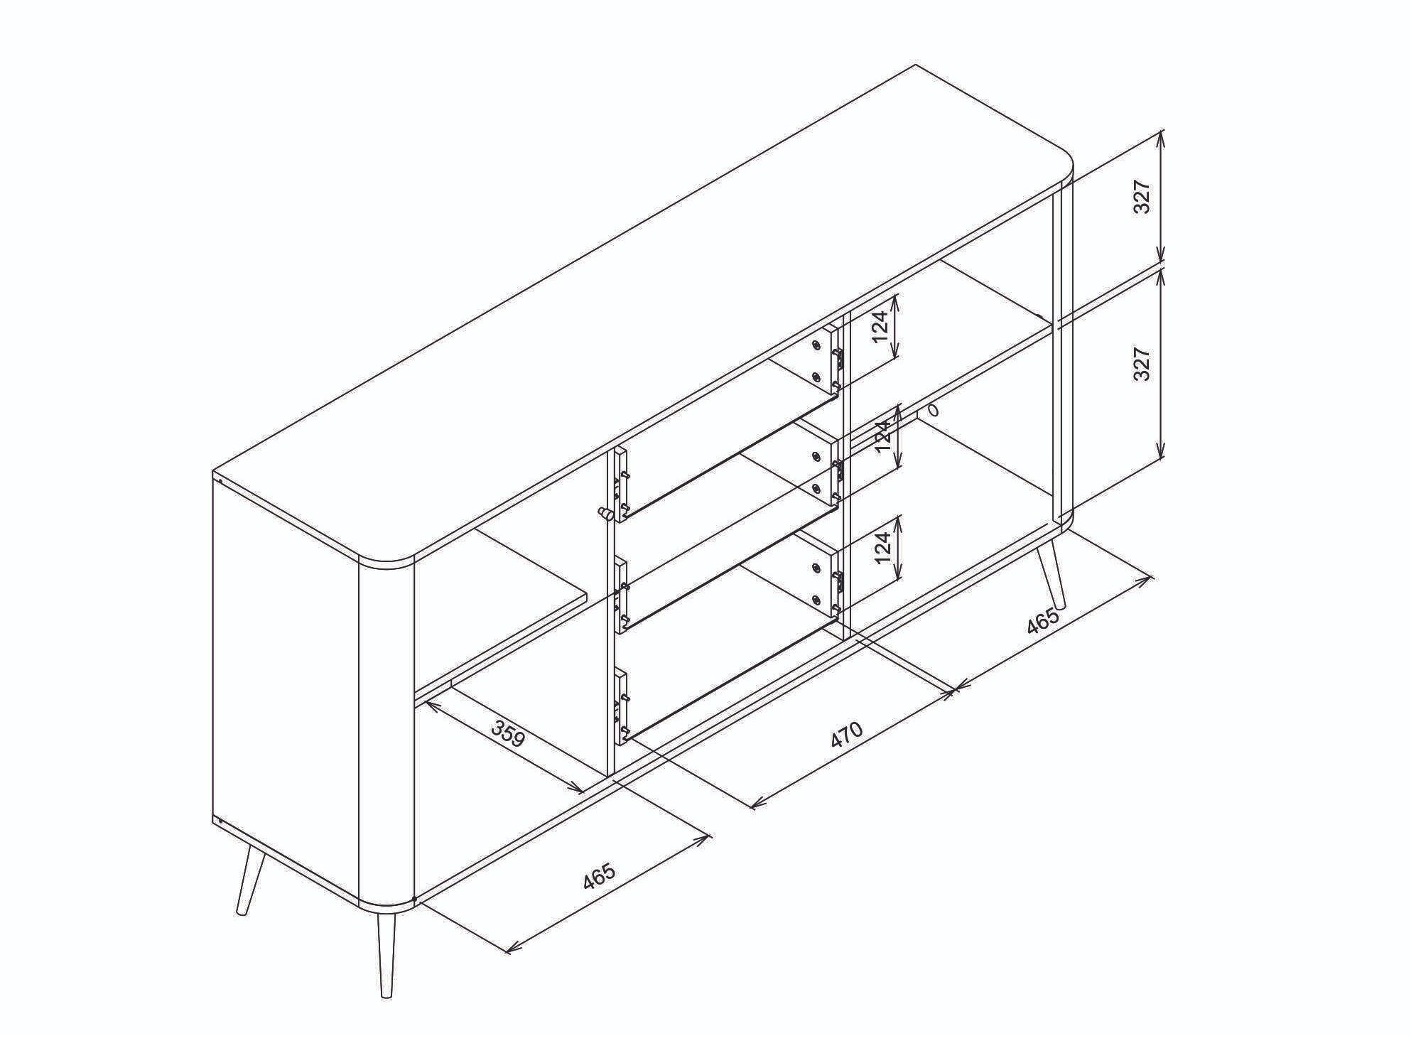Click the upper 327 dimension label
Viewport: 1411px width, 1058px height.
1141,197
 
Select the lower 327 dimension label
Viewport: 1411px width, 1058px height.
1141,364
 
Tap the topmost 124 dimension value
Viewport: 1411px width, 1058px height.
881,326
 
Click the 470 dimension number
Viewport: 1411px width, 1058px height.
846,736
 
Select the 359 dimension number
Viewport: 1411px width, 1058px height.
509,735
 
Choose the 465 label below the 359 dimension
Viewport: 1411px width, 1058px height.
599,876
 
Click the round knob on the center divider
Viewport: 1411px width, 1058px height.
605,513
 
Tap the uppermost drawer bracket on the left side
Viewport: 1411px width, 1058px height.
621,485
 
